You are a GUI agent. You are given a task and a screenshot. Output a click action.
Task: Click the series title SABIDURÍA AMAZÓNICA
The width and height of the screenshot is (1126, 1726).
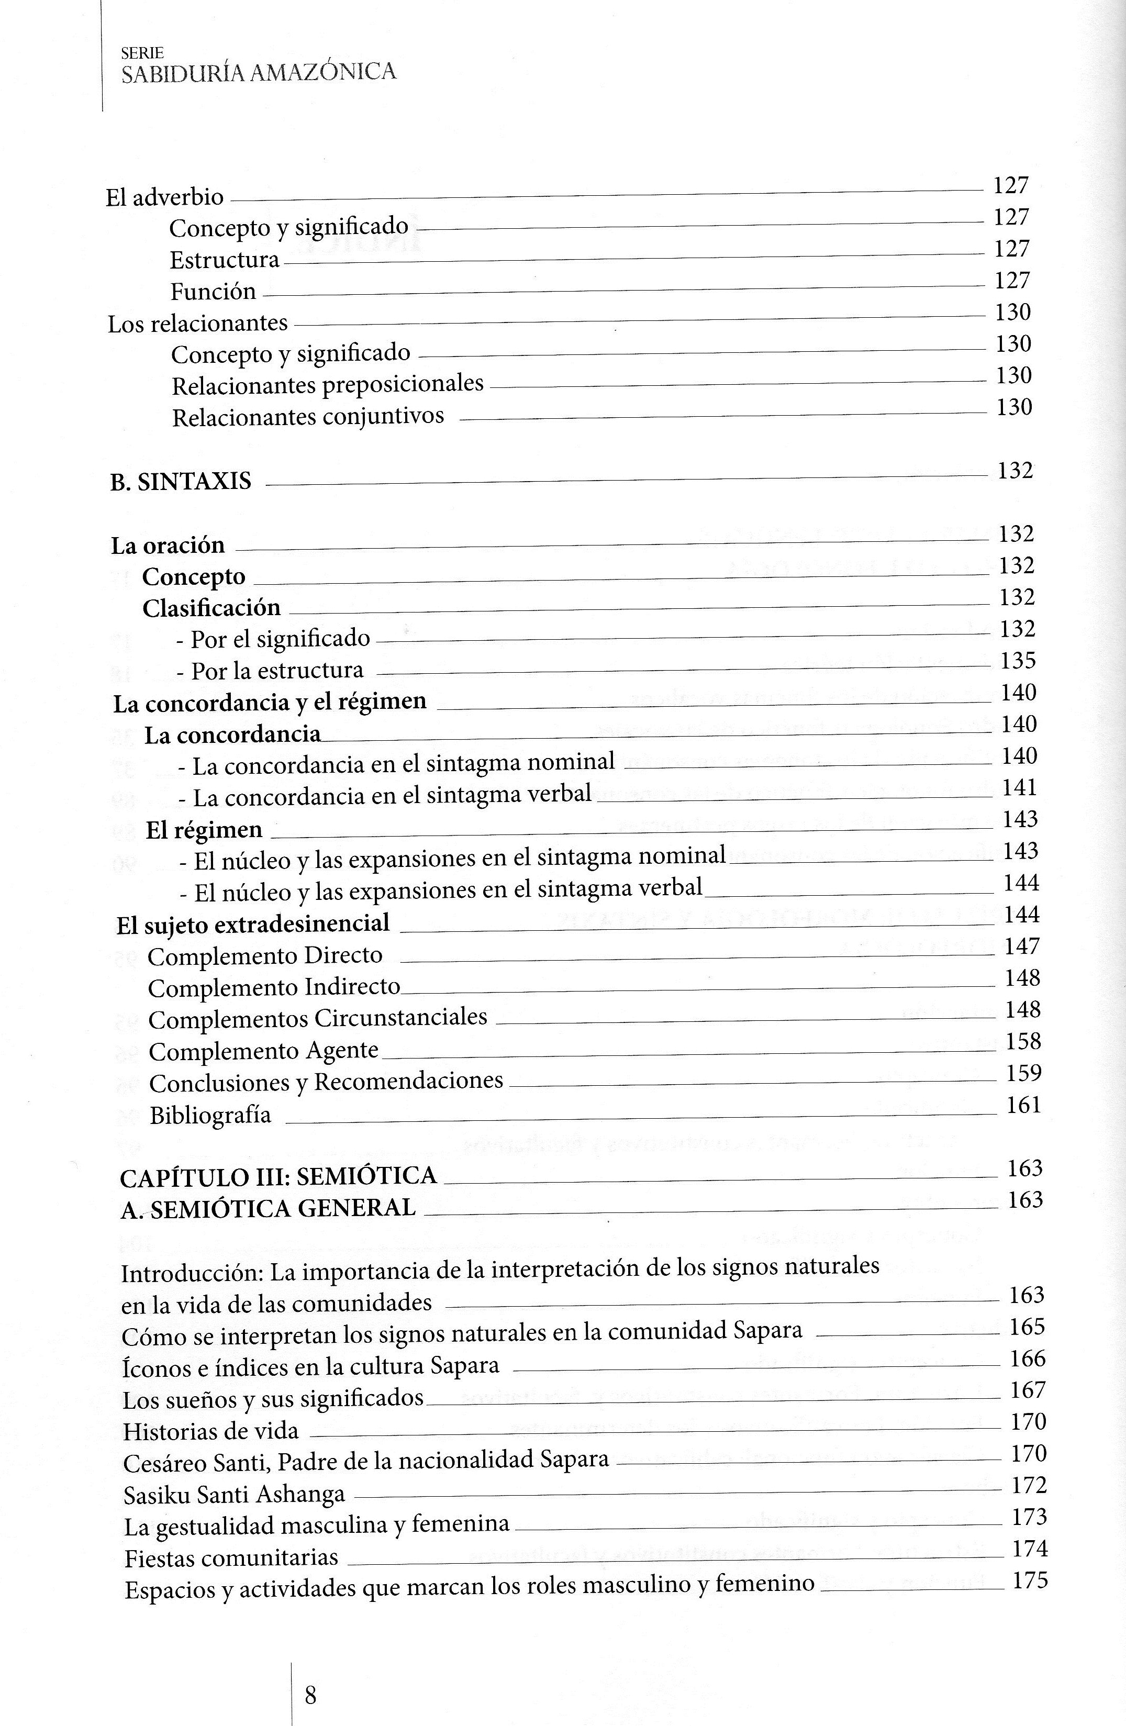coord(259,72)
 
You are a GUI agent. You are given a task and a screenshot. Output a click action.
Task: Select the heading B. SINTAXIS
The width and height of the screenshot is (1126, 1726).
coord(181,482)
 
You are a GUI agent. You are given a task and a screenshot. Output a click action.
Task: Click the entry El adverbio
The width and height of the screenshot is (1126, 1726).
coord(164,197)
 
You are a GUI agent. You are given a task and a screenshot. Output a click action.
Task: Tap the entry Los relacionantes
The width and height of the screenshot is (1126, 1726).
coord(198,324)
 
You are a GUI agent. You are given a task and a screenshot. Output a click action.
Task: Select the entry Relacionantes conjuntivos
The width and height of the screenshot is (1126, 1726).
coord(307,417)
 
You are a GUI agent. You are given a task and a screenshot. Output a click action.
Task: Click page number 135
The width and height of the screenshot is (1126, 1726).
coord(1018,661)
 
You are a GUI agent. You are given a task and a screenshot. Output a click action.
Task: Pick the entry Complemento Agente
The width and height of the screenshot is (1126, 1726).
coord(263,1051)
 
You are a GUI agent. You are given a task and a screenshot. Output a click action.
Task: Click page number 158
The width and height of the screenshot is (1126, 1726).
coord(1023,1041)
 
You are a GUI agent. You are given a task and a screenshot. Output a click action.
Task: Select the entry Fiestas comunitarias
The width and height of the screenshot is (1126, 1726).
coord(231,1558)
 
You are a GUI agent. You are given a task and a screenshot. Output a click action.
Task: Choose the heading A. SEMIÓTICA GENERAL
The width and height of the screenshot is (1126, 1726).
coord(268,1208)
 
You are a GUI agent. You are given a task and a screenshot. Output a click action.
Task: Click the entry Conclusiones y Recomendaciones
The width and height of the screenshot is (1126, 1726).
coord(326,1082)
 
